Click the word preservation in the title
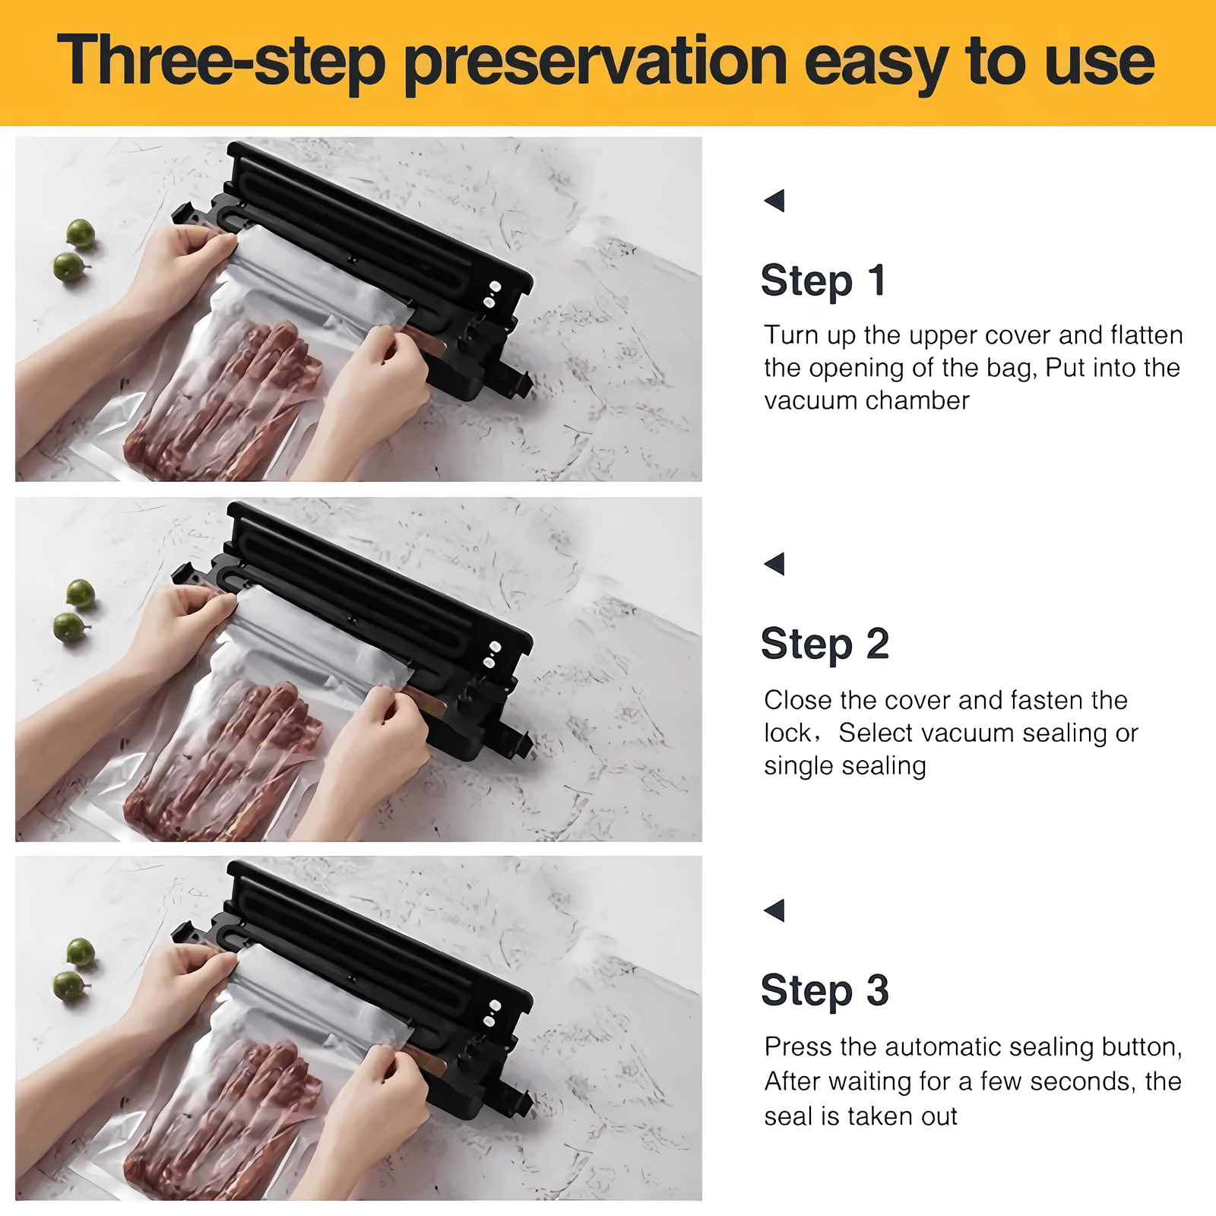(x=595, y=62)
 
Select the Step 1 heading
(x=823, y=280)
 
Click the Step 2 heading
(x=825, y=644)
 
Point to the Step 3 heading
(x=825, y=990)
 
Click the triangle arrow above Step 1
(x=774, y=201)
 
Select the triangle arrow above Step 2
(x=774, y=564)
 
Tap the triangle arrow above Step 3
(x=774, y=910)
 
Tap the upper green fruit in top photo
(x=80, y=233)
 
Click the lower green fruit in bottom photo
(x=69, y=986)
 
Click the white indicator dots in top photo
(x=492, y=294)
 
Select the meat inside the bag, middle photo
(x=228, y=752)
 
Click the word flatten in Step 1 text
(x=1146, y=335)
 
